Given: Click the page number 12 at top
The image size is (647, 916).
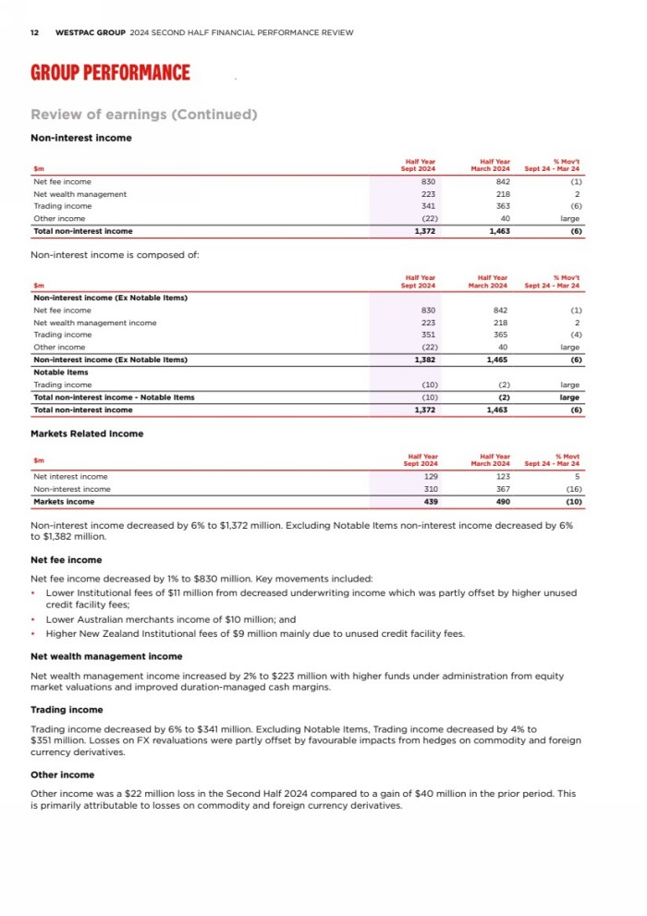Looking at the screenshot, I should [x=34, y=32].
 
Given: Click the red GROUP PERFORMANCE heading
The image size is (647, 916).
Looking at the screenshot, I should [x=110, y=73].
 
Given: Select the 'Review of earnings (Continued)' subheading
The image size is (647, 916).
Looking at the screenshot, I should [x=143, y=115].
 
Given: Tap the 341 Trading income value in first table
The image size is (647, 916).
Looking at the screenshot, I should [x=428, y=206].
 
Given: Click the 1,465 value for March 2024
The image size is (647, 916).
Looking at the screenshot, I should [x=497, y=360].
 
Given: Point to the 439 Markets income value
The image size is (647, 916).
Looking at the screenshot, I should [x=430, y=502].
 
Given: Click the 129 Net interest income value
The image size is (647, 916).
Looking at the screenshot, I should [x=430, y=477].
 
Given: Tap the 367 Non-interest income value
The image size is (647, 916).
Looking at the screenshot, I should [x=501, y=489].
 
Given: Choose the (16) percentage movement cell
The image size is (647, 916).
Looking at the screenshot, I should [x=571, y=489].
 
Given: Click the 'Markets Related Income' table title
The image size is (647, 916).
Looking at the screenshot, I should [x=87, y=434].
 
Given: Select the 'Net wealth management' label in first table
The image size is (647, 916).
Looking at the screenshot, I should [x=79, y=194].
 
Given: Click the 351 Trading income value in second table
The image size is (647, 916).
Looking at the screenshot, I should [x=428, y=335].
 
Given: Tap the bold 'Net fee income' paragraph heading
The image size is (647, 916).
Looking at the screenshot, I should [x=67, y=560].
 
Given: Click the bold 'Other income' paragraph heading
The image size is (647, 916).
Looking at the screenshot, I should [x=62, y=775].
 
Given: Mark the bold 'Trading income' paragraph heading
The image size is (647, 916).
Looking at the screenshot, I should [x=67, y=710].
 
